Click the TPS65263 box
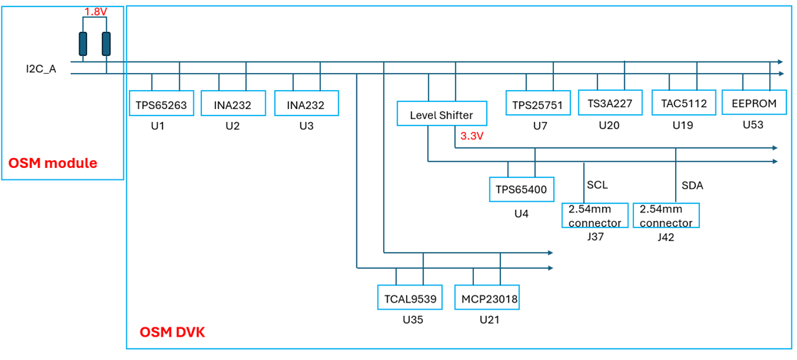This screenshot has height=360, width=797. click(x=161, y=104)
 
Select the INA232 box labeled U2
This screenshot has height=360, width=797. click(x=233, y=104)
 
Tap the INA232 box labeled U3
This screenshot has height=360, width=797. click(x=307, y=104)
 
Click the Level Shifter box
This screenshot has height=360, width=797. click(x=441, y=114)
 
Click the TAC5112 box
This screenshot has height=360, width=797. click(x=684, y=103)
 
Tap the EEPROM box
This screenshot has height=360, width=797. click(x=754, y=103)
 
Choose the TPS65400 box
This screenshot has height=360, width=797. click(x=521, y=190)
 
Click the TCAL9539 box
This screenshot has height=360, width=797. click(x=410, y=298)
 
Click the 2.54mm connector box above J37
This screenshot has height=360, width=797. click(x=594, y=215)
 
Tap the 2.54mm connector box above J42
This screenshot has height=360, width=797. click(x=667, y=215)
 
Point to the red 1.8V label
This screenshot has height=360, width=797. click(x=94, y=11)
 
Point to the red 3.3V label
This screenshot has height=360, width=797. click(x=471, y=136)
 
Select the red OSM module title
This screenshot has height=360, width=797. click(x=53, y=164)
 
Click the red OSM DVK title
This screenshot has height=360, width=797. click(x=173, y=333)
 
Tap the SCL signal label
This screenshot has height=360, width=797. click(x=598, y=185)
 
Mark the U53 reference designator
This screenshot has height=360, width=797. click(x=753, y=125)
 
